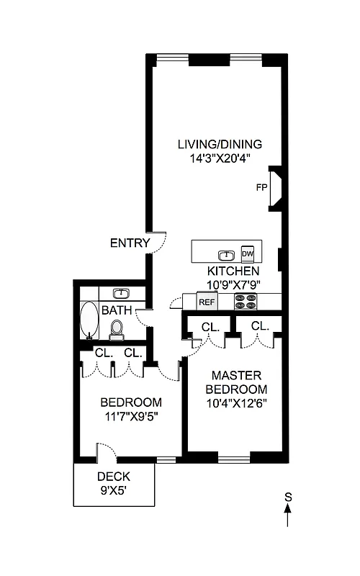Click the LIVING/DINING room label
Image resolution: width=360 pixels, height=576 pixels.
[220, 144]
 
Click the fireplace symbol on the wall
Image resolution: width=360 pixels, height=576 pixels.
[275, 189]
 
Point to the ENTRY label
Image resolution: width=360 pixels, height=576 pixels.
[130, 243]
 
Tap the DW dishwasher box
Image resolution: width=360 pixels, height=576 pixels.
[248, 253]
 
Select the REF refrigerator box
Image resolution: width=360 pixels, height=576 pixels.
[207, 302]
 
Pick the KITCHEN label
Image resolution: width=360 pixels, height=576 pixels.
[233, 271]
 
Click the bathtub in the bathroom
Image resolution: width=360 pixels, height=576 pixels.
[89, 320]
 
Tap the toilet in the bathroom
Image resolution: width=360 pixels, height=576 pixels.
[117, 329]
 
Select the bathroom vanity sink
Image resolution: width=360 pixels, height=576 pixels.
[122, 293]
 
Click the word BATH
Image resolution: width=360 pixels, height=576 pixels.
[117, 311]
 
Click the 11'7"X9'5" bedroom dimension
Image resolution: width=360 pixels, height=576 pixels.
[130, 415]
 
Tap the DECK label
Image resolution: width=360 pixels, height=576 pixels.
[113, 477]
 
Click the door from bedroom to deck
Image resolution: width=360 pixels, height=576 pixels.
[106, 453]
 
